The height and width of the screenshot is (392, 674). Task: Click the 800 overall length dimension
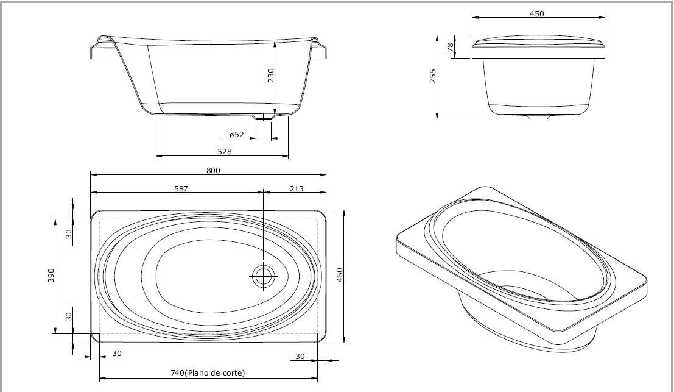click(x=213, y=171)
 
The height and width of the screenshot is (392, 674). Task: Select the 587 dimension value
click(x=181, y=188)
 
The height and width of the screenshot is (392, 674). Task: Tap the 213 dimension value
click(x=297, y=188)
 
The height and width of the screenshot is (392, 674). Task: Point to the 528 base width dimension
click(x=225, y=151)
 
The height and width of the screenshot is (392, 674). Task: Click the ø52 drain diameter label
click(x=236, y=135)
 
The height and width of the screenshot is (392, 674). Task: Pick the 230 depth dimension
click(x=270, y=76)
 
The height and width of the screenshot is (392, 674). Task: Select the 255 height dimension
click(x=433, y=76)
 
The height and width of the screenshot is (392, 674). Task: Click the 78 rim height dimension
click(x=451, y=47)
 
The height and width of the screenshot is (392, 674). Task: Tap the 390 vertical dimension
click(x=51, y=276)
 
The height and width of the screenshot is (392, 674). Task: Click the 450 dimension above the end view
click(x=537, y=14)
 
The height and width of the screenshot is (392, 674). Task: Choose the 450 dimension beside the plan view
click(x=340, y=276)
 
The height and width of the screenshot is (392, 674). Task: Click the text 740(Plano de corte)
click(x=208, y=372)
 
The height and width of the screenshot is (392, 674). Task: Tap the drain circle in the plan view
click(x=263, y=276)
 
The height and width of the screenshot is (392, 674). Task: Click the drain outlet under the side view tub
click(x=262, y=117)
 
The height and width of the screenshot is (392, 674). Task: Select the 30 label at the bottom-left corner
click(x=117, y=353)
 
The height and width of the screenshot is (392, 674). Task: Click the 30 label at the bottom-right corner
click(x=300, y=356)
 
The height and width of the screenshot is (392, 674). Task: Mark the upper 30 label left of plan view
click(x=69, y=234)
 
